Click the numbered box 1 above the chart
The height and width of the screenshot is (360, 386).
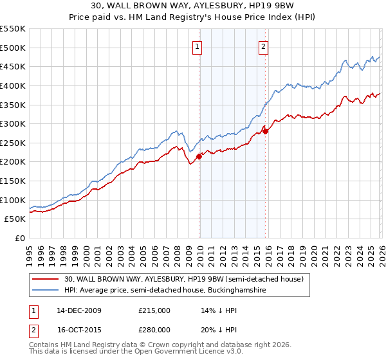point(197,46)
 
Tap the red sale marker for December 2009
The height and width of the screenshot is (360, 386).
point(199,156)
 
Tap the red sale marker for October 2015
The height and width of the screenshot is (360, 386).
point(266,131)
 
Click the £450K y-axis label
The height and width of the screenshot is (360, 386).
point(13,66)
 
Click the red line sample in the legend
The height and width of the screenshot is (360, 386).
point(46,279)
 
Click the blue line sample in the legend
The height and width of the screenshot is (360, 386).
point(46,291)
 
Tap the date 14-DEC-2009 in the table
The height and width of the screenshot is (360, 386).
point(79,310)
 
